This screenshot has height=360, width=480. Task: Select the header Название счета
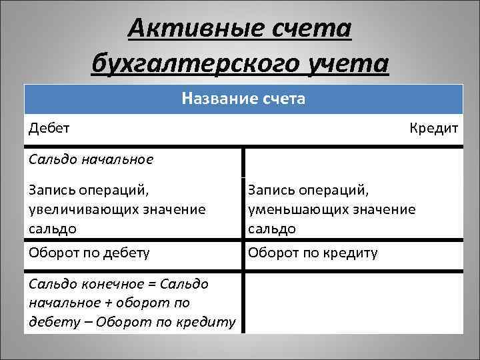[x=243, y=99]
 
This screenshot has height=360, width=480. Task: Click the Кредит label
[x=434, y=127]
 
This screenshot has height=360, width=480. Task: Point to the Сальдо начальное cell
[x=91, y=159]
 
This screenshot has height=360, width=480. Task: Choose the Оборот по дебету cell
[x=89, y=253]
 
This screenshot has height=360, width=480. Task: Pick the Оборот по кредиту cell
[x=313, y=253]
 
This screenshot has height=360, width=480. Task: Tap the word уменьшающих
[x=295, y=209]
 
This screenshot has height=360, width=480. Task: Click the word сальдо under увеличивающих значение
[x=52, y=228]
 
